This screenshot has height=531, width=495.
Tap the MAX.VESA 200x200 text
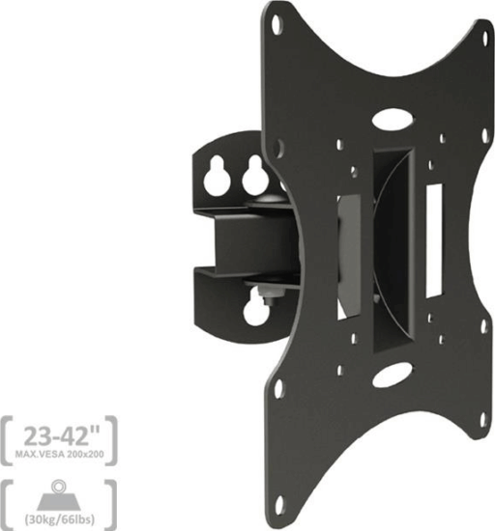pos(60,454)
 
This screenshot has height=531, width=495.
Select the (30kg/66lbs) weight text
pos(60,518)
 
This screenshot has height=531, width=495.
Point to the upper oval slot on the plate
pos(393,120)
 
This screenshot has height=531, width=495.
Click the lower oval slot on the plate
pos(393,376)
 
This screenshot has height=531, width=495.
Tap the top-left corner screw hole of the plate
pos(277,24)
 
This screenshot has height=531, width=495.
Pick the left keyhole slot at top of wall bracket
pos(217,177)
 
